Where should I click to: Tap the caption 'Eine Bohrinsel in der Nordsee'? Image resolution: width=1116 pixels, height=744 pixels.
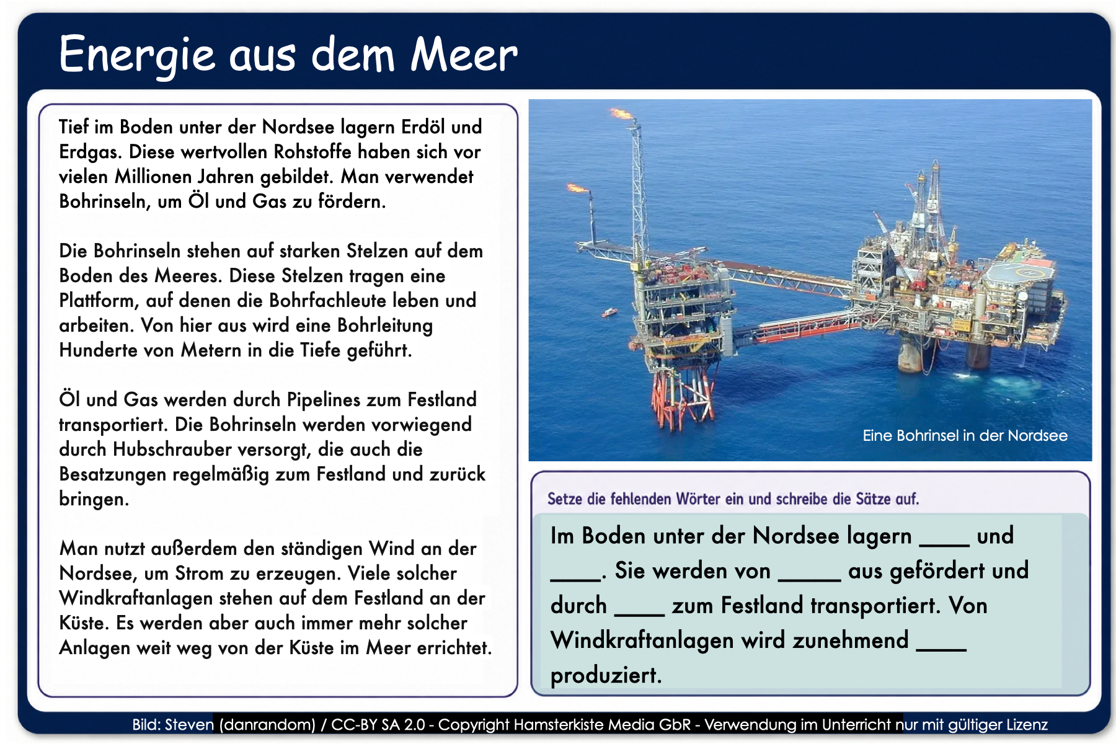pos(965,435)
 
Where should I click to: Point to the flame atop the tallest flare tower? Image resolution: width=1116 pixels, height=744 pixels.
pos(622,113)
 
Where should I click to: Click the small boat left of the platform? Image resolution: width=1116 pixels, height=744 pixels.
pos(609,312)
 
